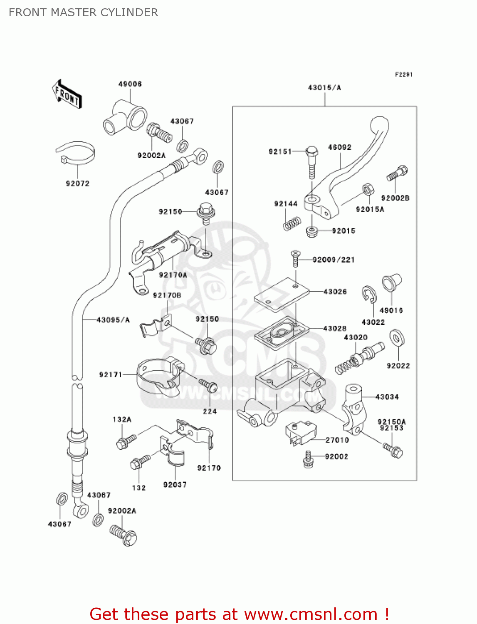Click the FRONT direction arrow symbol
click(67, 94)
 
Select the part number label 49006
click(130, 84)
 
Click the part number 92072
click(77, 183)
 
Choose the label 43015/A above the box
click(324, 88)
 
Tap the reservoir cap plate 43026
click(282, 295)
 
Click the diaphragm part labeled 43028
click(282, 332)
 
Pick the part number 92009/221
click(334, 260)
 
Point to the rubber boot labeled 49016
click(391, 283)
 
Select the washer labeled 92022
click(397, 338)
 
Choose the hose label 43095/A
click(113, 320)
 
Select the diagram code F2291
click(403, 74)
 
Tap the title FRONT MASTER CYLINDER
click(83, 12)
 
